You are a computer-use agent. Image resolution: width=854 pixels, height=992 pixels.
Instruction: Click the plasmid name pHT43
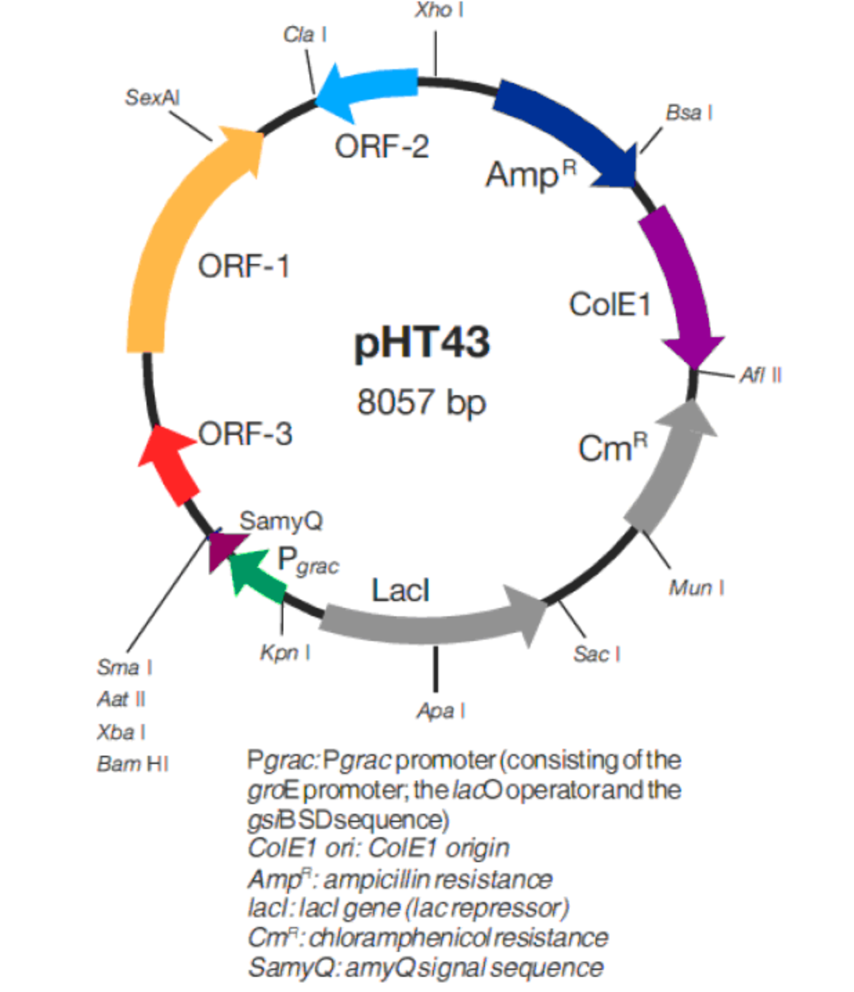(422, 342)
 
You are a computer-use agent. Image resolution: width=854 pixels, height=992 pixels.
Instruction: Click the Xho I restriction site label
(439, 10)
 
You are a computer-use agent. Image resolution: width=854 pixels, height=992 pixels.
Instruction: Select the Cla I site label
(305, 35)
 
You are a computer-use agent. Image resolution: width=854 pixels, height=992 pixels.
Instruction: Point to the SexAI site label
(152, 97)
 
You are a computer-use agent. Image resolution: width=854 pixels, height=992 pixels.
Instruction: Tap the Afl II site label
(760, 375)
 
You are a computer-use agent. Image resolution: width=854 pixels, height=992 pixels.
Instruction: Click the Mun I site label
(696, 588)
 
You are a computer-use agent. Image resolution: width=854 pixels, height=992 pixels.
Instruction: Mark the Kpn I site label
(285, 652)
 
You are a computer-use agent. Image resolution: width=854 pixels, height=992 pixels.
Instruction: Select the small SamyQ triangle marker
(222, 549)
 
